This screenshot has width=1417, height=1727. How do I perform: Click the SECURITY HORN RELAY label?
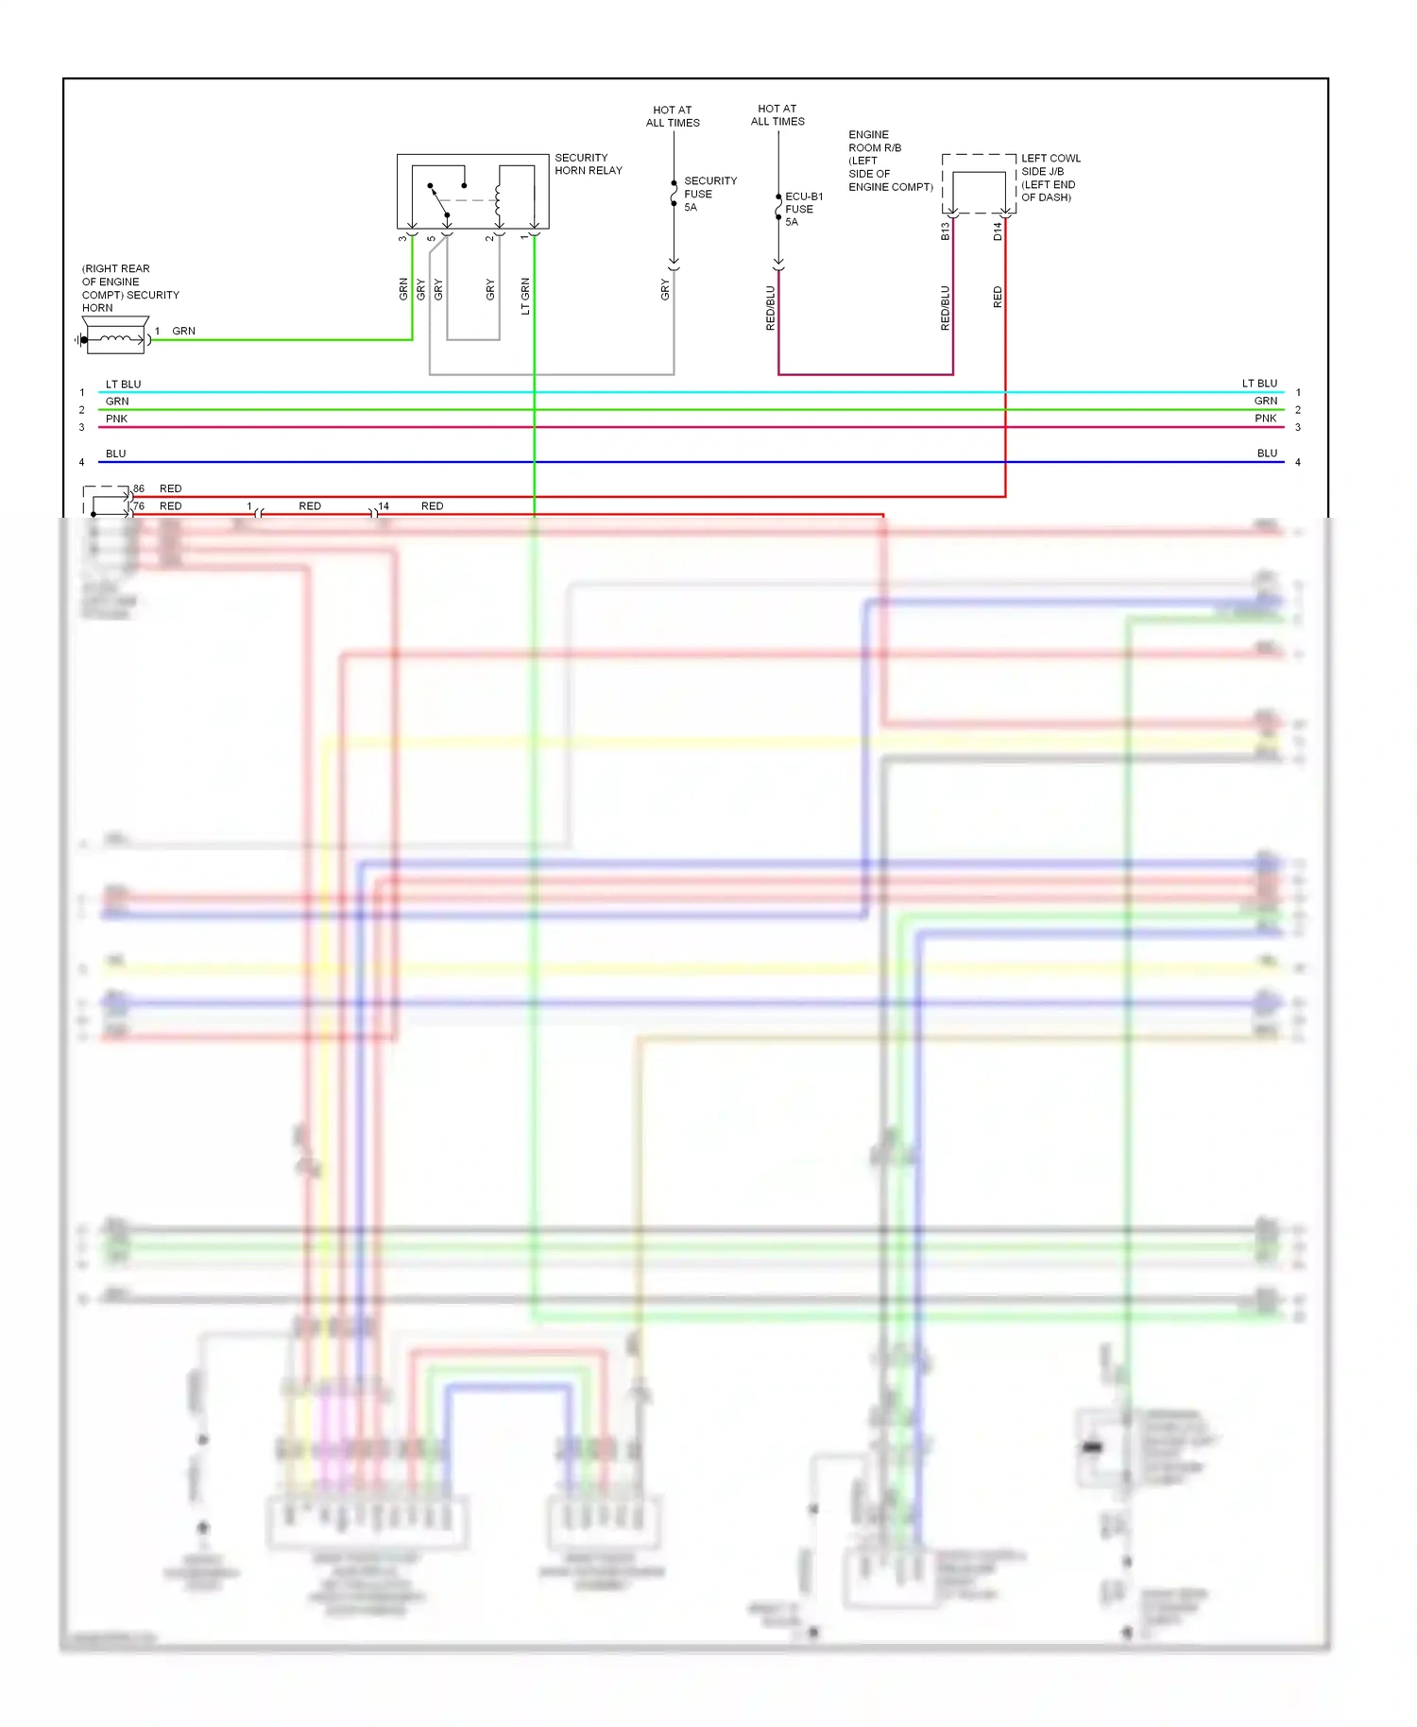[588, 163]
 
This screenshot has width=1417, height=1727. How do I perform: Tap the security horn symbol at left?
[115, 339]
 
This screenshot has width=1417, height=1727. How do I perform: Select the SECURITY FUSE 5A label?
[709, 194]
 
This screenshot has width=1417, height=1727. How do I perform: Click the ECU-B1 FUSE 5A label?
[803, 209]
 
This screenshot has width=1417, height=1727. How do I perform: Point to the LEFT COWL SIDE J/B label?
[1050, 178]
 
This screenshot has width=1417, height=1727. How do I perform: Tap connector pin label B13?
[945, 231]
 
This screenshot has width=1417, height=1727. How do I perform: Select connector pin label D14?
[998, 231]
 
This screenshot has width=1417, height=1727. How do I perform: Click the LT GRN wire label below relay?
[525, 296]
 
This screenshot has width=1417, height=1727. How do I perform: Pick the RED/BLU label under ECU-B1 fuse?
[770, 307]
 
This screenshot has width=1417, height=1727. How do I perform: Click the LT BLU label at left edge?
[123, 385]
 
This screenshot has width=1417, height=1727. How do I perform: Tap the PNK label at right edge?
[1265, 419]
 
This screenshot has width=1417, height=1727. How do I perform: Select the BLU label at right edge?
[1267, 453]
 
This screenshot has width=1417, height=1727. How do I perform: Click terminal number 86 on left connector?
[139, 488]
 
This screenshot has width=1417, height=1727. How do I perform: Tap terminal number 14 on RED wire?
[384, 506]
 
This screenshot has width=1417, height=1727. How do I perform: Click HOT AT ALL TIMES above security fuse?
[673, 116]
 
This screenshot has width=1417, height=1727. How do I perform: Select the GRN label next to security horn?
[183, 331]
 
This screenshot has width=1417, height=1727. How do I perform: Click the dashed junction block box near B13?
[979, 184]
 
